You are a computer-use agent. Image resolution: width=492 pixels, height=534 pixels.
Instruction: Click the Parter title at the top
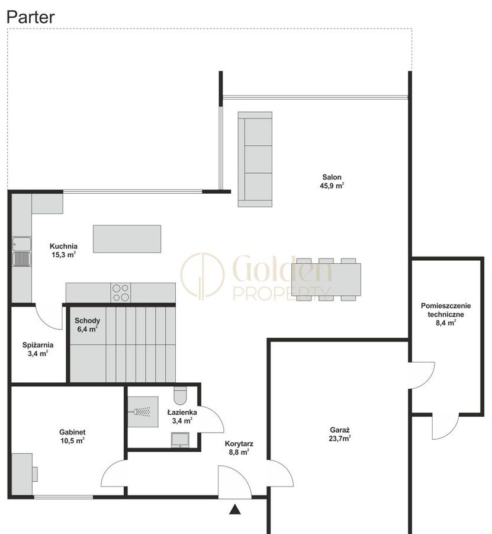click(31, 17)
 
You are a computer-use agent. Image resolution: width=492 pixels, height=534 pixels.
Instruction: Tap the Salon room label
click(332, 177)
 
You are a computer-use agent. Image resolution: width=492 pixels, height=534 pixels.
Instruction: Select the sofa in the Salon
click(255, 159)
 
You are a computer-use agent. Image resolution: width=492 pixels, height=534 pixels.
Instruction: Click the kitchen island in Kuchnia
click(127, 239)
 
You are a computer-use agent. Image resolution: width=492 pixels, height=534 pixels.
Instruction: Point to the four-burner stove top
click(121, 293)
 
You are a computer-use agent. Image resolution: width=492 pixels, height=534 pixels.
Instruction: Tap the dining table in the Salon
click(326, 279)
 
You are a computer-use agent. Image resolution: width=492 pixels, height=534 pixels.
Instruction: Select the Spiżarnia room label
click(38, 345)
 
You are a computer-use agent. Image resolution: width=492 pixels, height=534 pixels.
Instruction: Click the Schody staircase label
click(88, 321)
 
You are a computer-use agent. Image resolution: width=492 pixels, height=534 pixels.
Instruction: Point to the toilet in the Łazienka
click(180, 395)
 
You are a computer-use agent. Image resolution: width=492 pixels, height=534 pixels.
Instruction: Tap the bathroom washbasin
click(180, 439)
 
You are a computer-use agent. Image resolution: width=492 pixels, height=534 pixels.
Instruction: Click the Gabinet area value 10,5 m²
click(72, 441)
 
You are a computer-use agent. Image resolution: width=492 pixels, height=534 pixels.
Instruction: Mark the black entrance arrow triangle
click(235, 510)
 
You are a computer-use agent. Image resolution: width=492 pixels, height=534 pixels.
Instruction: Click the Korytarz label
click(239, 444)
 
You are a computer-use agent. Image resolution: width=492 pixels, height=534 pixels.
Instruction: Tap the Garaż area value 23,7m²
click(340, 439)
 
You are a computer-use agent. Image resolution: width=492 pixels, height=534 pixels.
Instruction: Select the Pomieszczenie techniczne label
click(446, 310)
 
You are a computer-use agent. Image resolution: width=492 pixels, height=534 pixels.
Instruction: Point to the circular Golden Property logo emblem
click(202, 276)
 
